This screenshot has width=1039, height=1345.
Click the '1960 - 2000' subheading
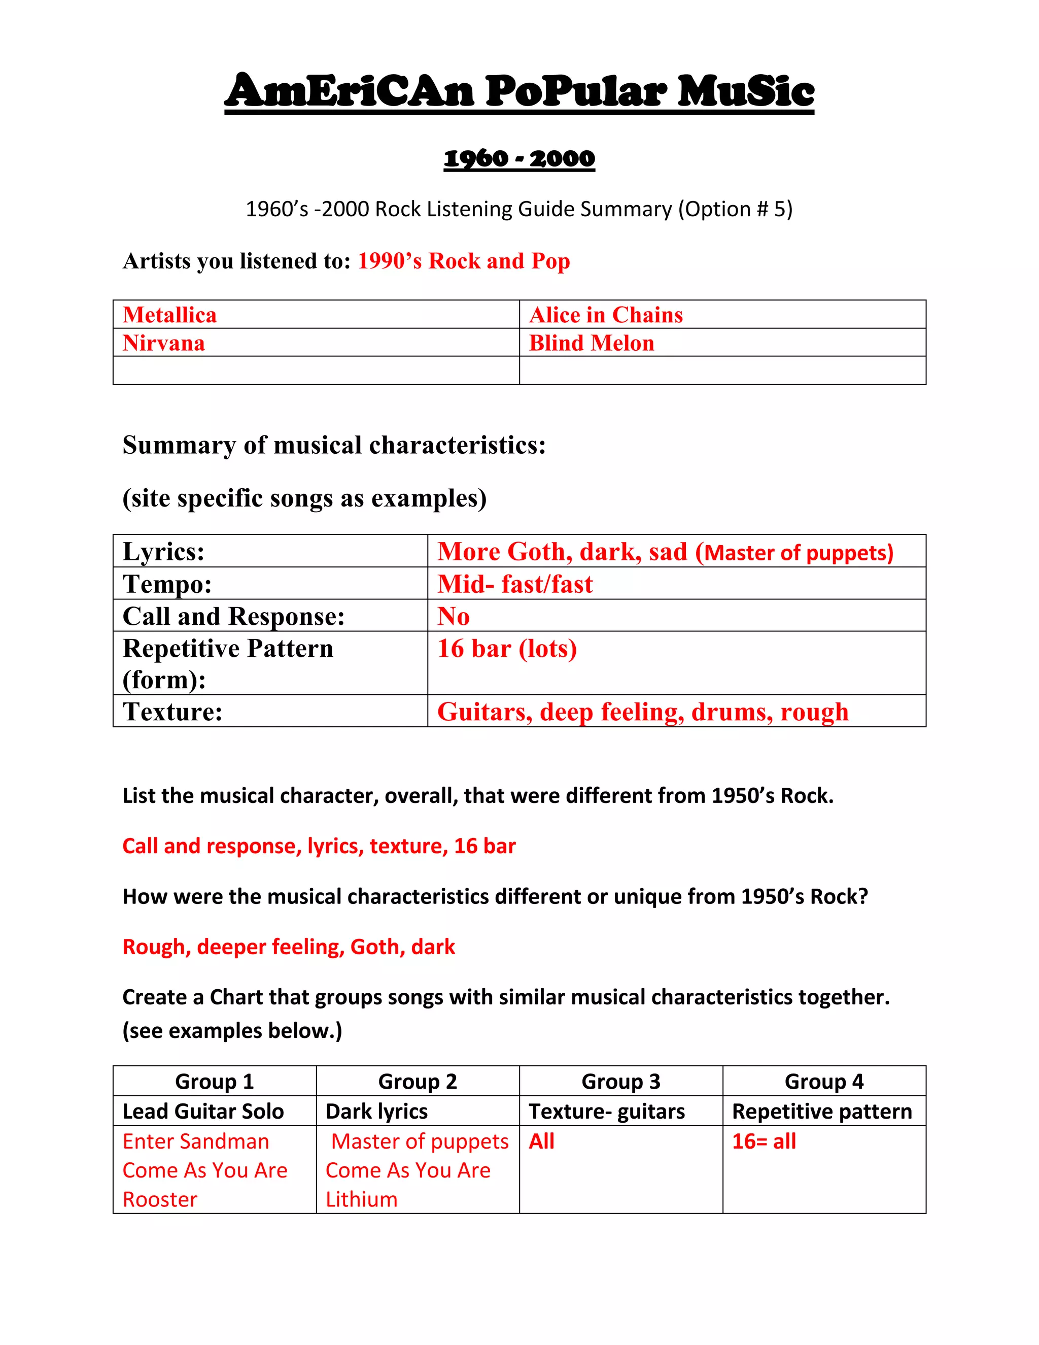tap(519, 158)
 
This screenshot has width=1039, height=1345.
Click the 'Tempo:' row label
tap(167, 584)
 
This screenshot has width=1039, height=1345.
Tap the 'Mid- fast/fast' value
tap(514, 584)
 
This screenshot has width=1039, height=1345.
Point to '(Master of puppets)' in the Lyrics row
tap(794, 552)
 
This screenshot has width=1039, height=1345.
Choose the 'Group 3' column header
tap(620, 1082)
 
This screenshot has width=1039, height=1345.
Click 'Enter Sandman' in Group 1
tap(196, 1141)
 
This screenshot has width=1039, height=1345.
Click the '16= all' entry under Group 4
tap(764, 1141)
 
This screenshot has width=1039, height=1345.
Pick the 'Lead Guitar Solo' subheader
tap(203, 1111)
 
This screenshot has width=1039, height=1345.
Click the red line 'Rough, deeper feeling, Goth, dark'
tap(289, 947)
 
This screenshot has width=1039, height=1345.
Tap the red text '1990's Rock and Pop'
tap(464, 261)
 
